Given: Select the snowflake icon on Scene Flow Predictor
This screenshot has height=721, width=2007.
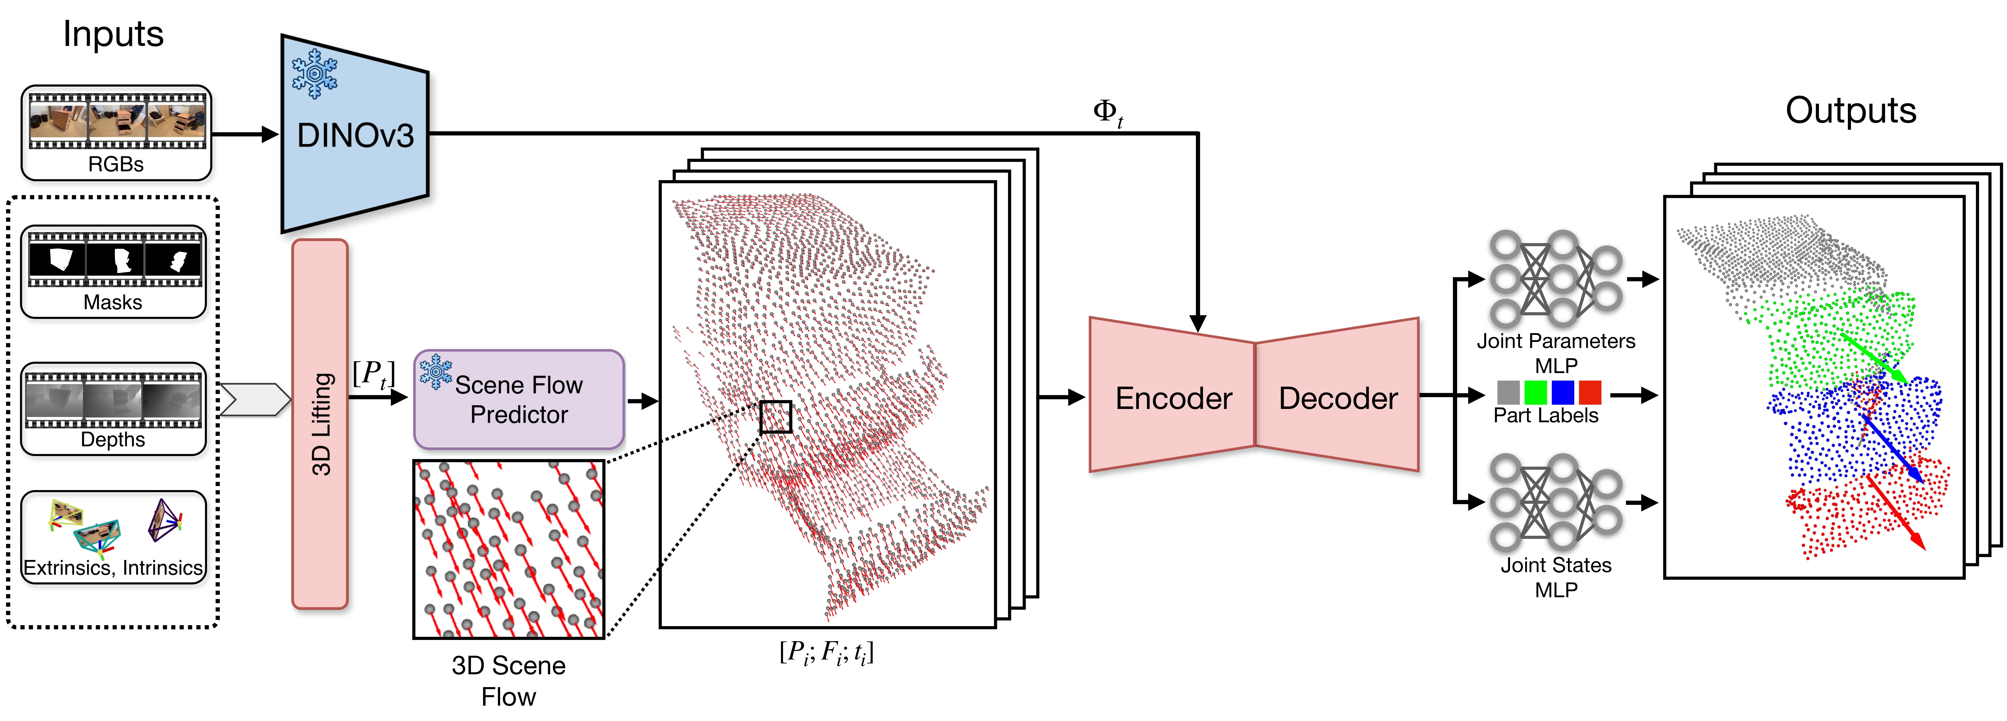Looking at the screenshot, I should point(436,372).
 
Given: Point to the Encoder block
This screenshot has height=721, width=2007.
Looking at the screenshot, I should point(1173,397).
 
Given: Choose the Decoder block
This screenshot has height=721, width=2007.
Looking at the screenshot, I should point(1338,397).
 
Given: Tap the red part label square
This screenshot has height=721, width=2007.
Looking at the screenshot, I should point(1589,392).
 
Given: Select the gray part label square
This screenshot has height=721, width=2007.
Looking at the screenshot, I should point(1508,392).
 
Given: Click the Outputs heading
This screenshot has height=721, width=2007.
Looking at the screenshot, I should point(1850,110).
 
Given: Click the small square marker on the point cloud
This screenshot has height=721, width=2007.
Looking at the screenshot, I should point(775,416).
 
